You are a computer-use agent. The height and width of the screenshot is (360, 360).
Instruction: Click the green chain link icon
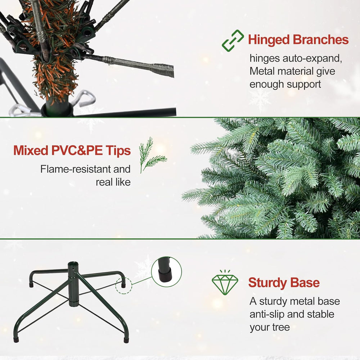[x=233, y=41]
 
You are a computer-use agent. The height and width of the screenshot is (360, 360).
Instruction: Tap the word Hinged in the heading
[x=269, y=40]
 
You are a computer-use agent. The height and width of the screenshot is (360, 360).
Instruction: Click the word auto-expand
[x=312, y=59]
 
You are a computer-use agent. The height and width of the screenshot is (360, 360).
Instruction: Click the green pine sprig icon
[x=152, y=155]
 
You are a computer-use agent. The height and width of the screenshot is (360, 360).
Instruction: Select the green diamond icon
[x=225, y=283]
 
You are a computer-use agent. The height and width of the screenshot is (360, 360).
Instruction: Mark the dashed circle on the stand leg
[x=124, y=285]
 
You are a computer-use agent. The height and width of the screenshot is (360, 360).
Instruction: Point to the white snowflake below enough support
[x=260, y=100]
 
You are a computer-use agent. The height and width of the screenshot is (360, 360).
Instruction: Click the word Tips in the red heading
[x=118, y=151]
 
